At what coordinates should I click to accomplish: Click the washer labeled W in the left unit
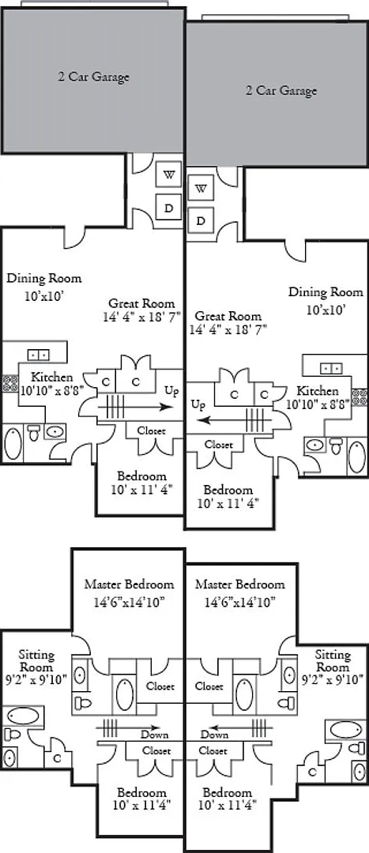click(x=168, y=175)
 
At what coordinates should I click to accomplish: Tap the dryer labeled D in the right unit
click(x=201, y=221)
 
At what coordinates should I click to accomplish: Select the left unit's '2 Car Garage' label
click(x=93, y=77)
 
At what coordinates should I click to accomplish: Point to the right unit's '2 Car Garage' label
click(x=281, y=90)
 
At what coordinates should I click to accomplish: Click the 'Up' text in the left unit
click(x=172, y=391)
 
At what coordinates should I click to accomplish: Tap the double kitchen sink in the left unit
click(x=38, y=355)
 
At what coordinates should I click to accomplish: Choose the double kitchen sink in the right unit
click(x=331, y=368)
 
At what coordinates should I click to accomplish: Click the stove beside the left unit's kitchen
click(x=9, y=384)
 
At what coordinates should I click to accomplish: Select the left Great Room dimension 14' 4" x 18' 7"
click(x=141, y=318)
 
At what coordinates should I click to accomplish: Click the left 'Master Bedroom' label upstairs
click(x=129, y=584)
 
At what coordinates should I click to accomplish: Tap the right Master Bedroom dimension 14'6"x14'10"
click(x=240, y=602)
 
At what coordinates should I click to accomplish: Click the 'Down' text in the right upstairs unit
click(x=214, y=735)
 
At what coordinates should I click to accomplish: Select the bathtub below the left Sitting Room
click(x=24, y=716)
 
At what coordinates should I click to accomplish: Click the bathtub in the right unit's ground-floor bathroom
click(x=357, y=457)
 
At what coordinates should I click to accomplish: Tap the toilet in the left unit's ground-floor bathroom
click(x=34, y=433)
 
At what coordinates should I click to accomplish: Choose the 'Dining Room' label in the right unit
click(x=326, y=292)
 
